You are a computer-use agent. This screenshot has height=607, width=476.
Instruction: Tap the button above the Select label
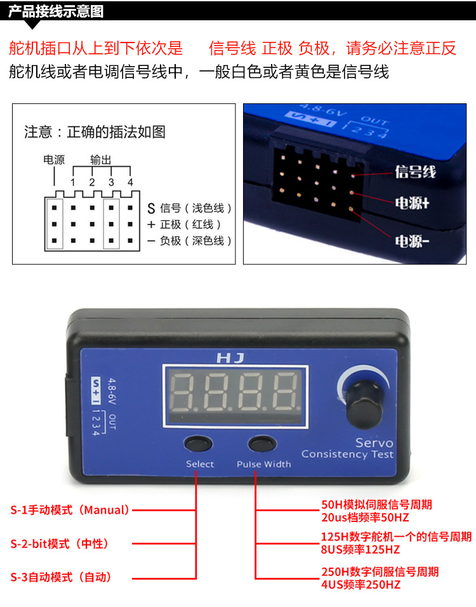[198, 443]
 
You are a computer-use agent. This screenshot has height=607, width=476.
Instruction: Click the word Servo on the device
[374, 443]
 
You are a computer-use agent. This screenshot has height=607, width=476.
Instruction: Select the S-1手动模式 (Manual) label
[70, 510]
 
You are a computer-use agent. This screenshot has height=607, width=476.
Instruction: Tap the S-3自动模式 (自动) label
[61, 577]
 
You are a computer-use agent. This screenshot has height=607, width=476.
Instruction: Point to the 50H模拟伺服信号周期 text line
[376, 504]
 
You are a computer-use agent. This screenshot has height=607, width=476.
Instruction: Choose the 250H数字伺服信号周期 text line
[380, 571]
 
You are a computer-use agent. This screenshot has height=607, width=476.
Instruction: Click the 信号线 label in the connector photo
[415, 171]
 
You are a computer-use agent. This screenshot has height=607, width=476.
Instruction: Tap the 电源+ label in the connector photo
[412, 203]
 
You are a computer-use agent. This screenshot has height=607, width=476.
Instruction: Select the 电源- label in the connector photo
[412, 241]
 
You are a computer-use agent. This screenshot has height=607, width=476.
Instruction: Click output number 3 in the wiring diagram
[111, 182]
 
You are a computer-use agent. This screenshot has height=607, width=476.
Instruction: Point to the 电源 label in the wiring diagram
[54, 159]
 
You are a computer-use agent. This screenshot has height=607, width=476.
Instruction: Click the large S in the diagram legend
[151, 209]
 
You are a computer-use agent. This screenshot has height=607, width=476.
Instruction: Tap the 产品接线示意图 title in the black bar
[56, 11]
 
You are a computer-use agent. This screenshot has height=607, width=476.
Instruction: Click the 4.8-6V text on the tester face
[112, 391]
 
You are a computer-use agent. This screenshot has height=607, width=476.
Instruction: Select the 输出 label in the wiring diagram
[101, 159]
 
